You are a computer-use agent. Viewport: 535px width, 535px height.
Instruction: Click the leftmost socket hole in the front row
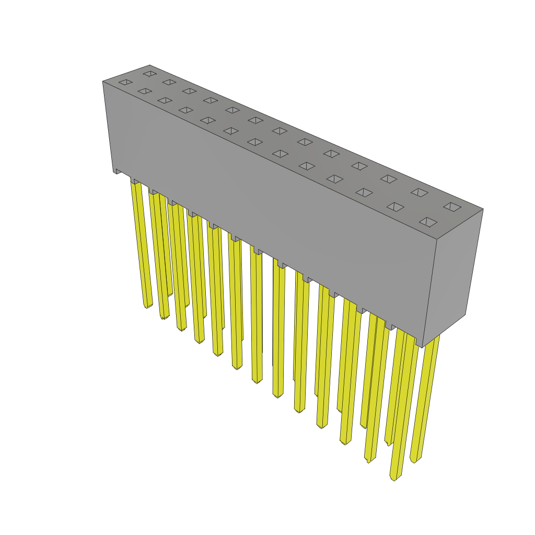pos(125,82)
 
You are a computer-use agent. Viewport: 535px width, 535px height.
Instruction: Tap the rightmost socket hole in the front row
pos(428,222)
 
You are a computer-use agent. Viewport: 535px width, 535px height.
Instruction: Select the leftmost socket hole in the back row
pos(150,74)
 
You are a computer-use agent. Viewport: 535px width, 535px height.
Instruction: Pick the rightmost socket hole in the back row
pos(452,207)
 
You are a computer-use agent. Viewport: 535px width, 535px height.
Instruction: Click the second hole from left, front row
pos(145,91)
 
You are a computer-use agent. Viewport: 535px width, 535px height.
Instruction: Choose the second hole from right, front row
pos(395,207)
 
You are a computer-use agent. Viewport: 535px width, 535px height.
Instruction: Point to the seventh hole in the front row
pos(254,142)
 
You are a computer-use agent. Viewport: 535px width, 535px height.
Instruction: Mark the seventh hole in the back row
pos(280,131)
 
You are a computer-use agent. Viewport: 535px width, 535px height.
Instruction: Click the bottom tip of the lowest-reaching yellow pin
pos(393,478)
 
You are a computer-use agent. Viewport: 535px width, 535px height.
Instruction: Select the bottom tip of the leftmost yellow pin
pos(148,306)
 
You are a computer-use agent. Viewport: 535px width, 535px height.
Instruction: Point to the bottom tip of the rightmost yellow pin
pos(414,460)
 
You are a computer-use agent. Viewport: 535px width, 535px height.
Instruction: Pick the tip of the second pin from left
pos(164,317)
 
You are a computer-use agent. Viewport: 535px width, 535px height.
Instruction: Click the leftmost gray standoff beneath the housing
pos(118,171)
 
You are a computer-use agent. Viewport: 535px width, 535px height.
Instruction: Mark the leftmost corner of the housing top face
pos(103,82)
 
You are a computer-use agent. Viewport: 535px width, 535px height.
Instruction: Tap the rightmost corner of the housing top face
pos(483,209)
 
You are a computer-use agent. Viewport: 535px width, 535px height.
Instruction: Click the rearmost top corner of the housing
pos(150,65)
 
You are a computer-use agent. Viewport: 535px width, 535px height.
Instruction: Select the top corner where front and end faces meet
pos(437,239)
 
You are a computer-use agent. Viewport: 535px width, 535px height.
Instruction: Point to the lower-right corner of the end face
pos(465,315)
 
